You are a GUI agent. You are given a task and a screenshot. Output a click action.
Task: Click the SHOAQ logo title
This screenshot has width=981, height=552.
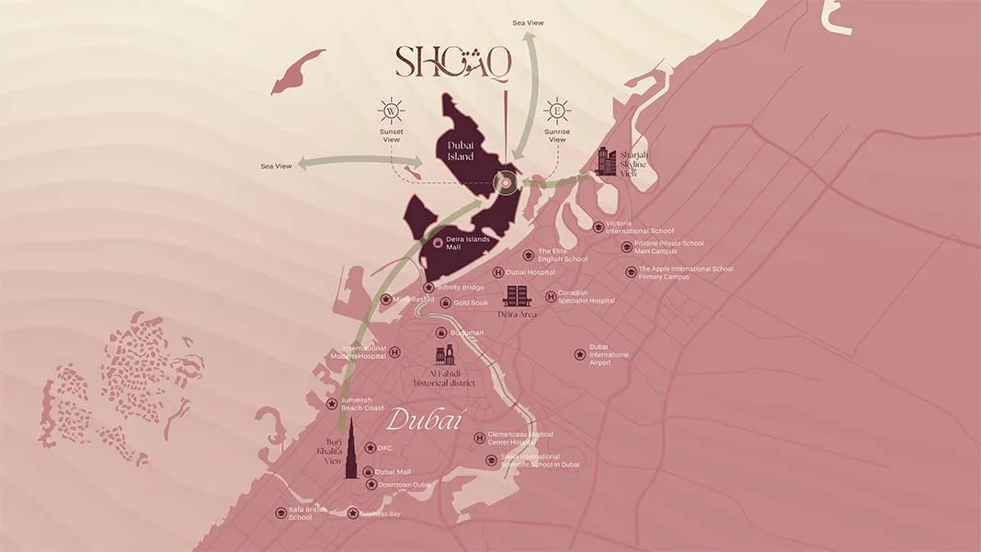[452, 63]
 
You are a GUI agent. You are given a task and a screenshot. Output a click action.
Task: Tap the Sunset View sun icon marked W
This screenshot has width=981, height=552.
[392, 111]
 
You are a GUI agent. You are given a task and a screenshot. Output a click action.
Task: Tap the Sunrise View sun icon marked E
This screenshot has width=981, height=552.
[556, 111]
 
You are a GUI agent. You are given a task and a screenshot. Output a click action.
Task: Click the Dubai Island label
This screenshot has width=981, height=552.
[461, 151]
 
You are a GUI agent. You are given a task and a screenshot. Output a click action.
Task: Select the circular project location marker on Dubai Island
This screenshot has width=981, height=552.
[506, 183]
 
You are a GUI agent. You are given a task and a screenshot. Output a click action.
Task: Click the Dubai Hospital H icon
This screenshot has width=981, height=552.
[498, 272]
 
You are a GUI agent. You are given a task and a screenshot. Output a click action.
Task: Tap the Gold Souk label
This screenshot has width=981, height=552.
[470, 303]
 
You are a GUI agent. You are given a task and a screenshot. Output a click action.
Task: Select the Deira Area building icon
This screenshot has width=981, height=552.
[517, 295]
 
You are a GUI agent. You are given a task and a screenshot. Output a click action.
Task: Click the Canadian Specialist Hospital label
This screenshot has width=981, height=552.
[586, 296]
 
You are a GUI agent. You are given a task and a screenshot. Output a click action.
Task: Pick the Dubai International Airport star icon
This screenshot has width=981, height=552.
[579, 354]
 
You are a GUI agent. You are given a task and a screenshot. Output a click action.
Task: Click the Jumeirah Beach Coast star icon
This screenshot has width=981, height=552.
[332, 404]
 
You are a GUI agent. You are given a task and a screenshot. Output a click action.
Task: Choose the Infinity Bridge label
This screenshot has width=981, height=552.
[460, 287]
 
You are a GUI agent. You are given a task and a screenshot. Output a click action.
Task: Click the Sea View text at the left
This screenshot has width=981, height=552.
[276, 166]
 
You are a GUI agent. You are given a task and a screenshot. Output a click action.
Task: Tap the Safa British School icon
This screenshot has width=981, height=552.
[280, 512]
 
